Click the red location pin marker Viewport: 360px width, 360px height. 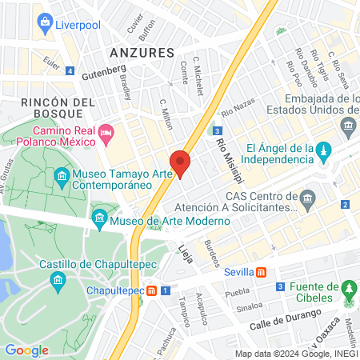click(x=180, y=162)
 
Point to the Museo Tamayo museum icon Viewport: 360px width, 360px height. click(x=61, y=176)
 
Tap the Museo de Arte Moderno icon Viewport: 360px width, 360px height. click(x=99, y=216)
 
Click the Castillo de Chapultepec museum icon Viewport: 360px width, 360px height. click(x=58, y=280)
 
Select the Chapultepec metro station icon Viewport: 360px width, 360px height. click(x=151, y=290)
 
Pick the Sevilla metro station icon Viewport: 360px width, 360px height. click(x=261, y=271)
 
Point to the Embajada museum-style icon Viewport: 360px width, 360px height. click(x=348, y=126)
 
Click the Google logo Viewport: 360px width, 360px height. click(x=26, y=350)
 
